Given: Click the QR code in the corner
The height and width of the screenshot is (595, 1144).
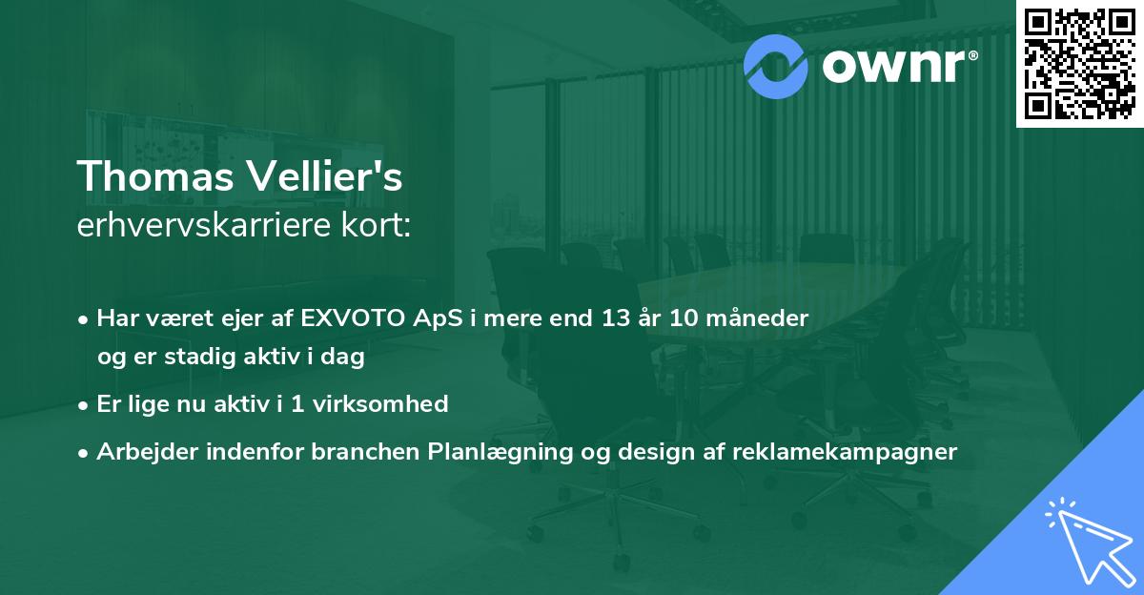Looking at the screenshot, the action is [1079, 64].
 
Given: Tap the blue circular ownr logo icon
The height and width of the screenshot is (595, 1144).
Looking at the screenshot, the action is [775, 67].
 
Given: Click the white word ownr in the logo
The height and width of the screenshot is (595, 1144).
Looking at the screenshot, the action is [894, 67].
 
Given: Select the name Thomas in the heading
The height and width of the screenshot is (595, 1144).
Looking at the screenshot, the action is [155, 176].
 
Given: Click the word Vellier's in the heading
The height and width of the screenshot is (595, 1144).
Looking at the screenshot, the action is [325, 175].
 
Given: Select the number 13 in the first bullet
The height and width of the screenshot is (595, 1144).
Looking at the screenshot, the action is [616, 318].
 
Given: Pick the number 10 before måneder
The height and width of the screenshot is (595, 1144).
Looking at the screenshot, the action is [684, 318].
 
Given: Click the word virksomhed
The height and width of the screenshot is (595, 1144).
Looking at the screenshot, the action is [380, 404].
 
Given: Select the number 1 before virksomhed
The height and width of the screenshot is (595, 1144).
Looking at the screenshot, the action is [296, 404].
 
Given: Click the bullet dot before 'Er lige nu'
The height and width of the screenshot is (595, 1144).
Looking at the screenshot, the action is [83, 406].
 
